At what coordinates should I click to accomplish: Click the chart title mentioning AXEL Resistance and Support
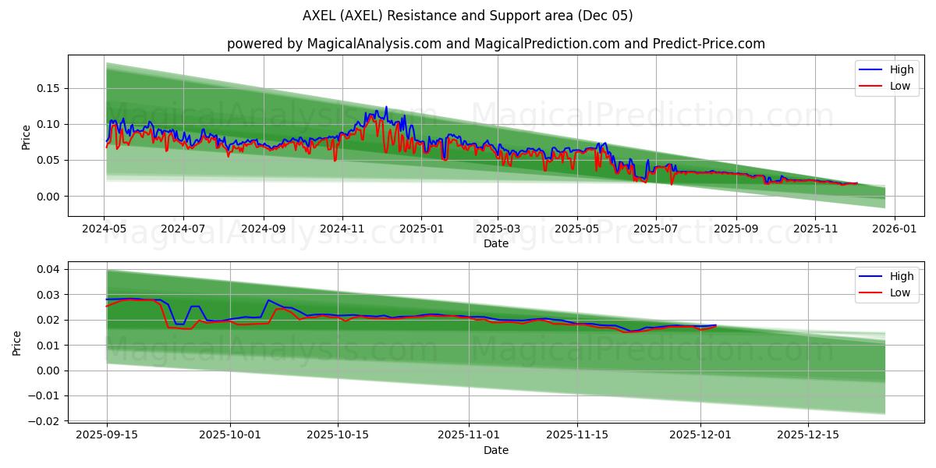coord(467,16)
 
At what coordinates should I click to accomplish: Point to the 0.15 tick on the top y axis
coord(48,88)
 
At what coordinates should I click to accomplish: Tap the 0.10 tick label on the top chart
coord(48,124)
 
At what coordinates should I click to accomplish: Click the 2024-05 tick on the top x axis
coord(105,229)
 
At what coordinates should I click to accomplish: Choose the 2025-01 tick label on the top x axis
coord(421,229)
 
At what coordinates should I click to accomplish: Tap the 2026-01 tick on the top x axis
coord(894,229)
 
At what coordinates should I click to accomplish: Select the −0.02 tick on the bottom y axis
coord(44,421)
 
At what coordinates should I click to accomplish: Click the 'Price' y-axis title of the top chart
coord(26,136)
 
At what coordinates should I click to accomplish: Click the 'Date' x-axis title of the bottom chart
coord(495,450)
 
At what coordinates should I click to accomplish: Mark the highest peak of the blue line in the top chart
coord(385,107)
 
